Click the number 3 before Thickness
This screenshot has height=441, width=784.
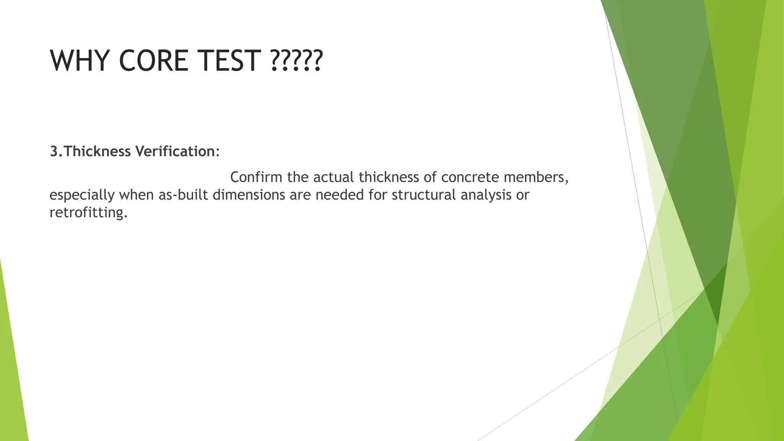coord(54,152)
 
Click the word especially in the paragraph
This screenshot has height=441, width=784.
coord(82,195)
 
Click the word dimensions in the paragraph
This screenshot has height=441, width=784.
coord(249,195)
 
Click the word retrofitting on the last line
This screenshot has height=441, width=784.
coord(88,212)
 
